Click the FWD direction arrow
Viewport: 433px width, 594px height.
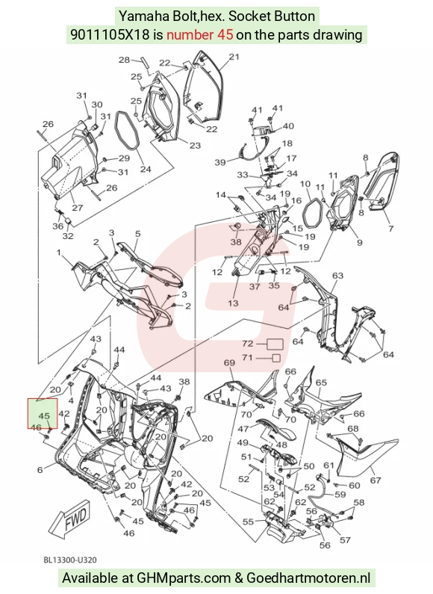coord(70,519)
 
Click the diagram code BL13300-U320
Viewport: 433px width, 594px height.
coord(70,560)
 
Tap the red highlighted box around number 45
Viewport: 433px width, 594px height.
coord(43,413)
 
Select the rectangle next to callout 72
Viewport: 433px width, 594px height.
coord(275,344)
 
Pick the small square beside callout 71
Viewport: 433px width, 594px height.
coord(276,358)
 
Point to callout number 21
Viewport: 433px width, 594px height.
coord(234,57)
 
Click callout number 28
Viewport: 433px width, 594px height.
coord(124,60)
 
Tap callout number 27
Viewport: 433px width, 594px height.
coord(77,208)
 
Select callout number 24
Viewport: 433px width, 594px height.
coord(146,170)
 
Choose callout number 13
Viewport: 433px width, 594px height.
coord(233,303)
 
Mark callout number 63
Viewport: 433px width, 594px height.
coord(337,275)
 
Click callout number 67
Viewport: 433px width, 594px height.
coord(375,480)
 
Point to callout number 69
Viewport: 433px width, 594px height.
coord(229,362)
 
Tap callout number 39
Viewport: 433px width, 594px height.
coord(220,162)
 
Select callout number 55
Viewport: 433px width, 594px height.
coord(248,522)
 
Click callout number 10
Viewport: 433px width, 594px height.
coord(305,184)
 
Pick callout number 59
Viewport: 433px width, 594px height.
coord(340,494)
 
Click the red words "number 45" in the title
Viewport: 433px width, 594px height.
coord(200,35)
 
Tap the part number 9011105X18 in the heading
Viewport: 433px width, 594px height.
coord(110,35)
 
